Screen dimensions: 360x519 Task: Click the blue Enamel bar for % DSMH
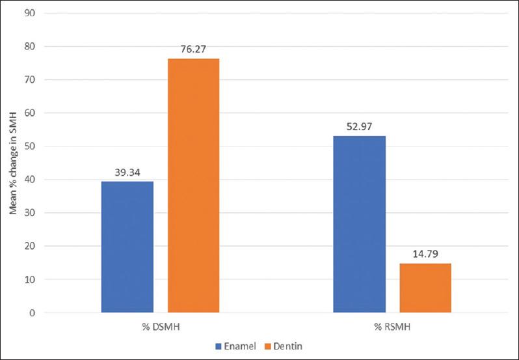click(x=127, y=247)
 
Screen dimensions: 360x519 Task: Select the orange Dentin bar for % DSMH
click(x=193, y=186)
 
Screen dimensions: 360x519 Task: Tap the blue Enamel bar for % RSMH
click(x=359, y=225)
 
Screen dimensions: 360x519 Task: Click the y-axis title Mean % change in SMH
click(x=12, y=163)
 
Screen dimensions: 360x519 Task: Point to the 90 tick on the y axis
click(x=31, y=13)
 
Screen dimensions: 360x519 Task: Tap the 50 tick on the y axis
click(x=31, y=146)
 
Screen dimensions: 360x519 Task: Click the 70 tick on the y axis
click(x=31, y=79)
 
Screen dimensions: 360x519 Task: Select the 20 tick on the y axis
click(x=31, y=247)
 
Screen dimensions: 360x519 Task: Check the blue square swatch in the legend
click(x=220, y=346)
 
